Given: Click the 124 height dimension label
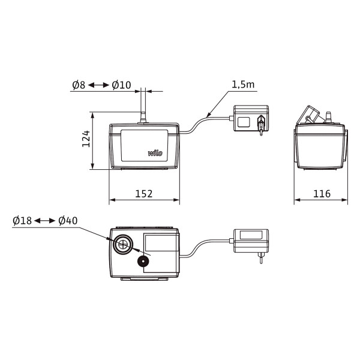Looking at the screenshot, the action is [86, 139].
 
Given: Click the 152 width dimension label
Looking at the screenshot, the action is [144, 194].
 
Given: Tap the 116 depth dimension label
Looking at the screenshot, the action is [322, 194].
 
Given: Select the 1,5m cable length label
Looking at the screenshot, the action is [243, 85].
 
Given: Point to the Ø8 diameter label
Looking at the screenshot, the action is [79, 85].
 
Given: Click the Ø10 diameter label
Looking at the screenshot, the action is [121, 85].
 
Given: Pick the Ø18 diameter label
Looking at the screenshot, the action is [22, 221].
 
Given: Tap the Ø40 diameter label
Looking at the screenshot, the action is [68, 221].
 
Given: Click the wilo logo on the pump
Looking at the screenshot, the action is [155, 153].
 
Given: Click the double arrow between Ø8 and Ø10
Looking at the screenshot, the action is [99, 85].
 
